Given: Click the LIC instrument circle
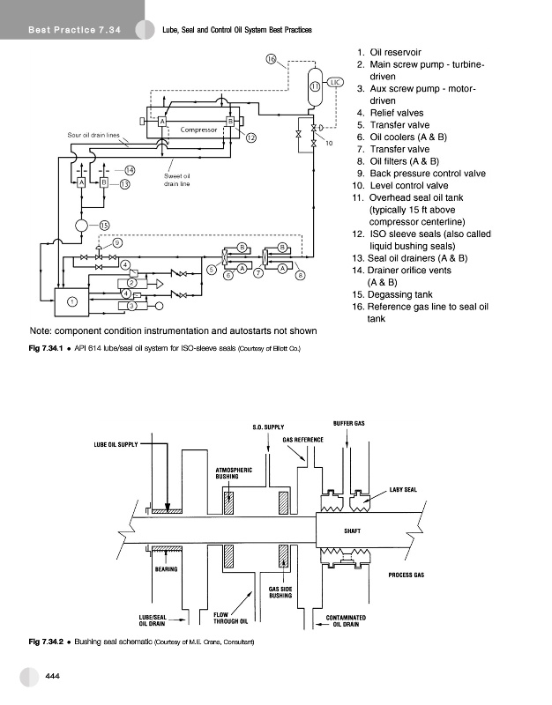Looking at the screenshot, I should click(x=336, y=82).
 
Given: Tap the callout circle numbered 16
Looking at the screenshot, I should click(x=272, y=59).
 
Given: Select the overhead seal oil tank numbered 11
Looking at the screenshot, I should click(x=315, y=85).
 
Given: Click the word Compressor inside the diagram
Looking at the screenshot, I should click(x=198, y=130).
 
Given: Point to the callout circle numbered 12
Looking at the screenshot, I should click(x=251, y=138).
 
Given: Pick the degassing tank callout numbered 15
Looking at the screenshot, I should click(x=104, y=226).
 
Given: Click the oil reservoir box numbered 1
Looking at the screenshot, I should click(x=72, y=302).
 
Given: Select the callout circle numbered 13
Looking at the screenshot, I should click(x=125, y=184).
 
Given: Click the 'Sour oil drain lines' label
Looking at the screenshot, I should click(x=93, y=134).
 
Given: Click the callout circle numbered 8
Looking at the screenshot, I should click(x=301, y=276).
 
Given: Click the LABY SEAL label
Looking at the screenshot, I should click(x=404, y=490).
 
